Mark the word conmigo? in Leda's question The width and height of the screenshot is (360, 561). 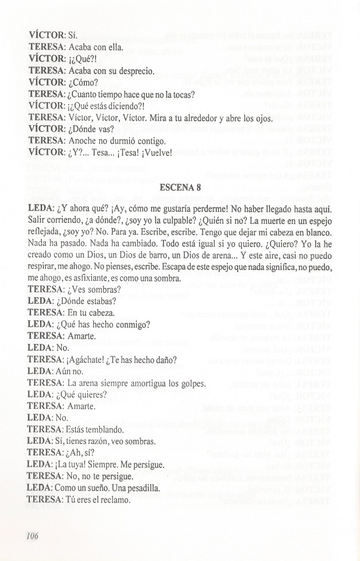(x=131, y=324)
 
